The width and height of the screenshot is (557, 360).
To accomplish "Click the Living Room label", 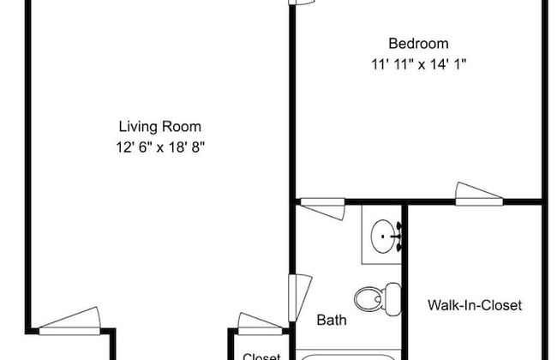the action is pos(160,127).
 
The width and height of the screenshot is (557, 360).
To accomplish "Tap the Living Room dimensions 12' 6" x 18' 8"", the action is pos(160,147).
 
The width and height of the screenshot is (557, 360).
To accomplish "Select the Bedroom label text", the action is pos(418,44).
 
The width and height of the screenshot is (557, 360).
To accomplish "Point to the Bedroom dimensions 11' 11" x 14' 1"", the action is pos(418,64).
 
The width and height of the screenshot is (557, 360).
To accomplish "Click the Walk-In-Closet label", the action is pos(475,305).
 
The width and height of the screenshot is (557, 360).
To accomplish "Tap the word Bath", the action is pos(332,320).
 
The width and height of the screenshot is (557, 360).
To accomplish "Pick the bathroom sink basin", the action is pos(382,237).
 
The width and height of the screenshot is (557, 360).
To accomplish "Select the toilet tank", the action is pos(392,299).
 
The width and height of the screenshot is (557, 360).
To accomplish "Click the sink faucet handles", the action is pos(398,237).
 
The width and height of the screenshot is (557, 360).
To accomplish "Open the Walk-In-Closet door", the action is pos(479,194).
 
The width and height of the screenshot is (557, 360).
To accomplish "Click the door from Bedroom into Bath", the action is pos(323,208).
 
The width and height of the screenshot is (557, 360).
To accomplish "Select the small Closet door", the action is pos(260,324).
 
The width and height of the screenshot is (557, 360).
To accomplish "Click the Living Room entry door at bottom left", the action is pos(69,321).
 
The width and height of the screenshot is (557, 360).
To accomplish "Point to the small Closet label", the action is pos(261,356).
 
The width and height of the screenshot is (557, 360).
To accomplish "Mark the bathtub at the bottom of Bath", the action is pos(348,357).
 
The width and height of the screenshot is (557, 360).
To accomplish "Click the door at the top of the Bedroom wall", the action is pos(302,2).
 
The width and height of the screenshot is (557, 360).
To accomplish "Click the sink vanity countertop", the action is pos(381,235).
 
